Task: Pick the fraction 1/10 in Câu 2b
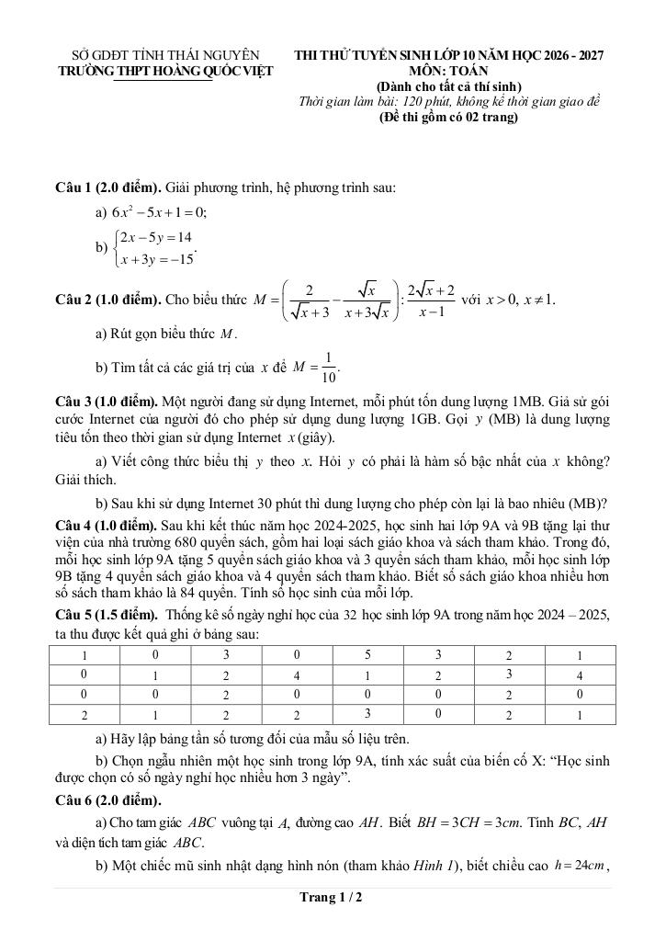(x=329, y=367)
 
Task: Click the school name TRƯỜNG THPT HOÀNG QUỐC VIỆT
(x=165, y=71)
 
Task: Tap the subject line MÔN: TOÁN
(x=449, y=71)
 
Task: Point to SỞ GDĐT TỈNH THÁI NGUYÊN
(x=165, y=55)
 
